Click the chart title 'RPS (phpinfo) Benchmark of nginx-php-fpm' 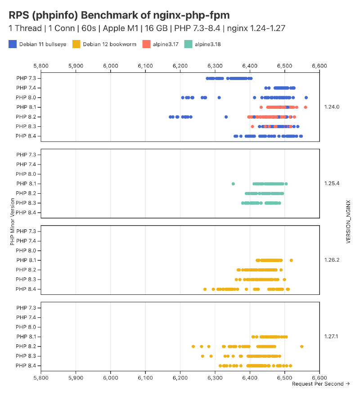(119, 15)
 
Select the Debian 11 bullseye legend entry (38, 44)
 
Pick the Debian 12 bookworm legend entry (106, 44)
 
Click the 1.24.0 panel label (332, 107)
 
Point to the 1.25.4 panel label (332, 183)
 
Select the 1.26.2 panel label (332, 260)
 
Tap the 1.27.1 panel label (332, 336)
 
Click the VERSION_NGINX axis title (348, 222)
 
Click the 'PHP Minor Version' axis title (12, 222)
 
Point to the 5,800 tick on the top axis (41, 66)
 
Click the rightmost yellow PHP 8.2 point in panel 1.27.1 (301, 347)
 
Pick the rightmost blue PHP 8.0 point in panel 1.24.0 (306, 98)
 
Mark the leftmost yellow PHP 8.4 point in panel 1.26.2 (205, 289)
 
